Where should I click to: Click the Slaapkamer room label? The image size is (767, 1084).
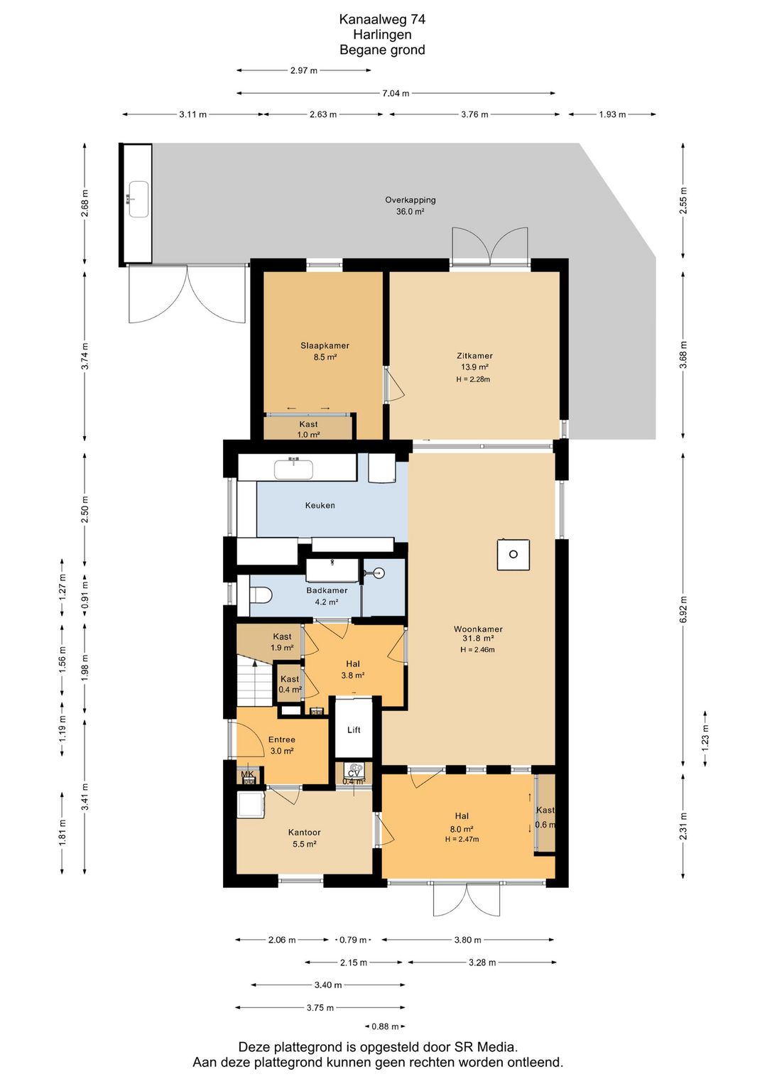pyautogui.click(x=325, y=345)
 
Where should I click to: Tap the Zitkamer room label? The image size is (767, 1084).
pyautogui.click(x=474, y=356)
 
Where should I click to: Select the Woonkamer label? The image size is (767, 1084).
pyautogui.click(x=478, y=629)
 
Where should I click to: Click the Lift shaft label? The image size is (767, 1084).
pyautogui.click(x=354, y=730)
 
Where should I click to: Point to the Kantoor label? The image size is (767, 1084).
pyautogui.click(x=305, y=833)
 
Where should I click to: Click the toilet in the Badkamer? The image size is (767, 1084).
pyautogui.click(x=261, y=595)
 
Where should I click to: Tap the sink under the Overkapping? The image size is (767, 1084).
pyautogui.click(x=138, y=199)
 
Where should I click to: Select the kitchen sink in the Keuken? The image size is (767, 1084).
pyautogui.click(x=294, y=470)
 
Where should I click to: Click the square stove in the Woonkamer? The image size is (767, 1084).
pyautogui.click(x=513, y=555)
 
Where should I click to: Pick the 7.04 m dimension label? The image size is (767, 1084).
pyautogui.click(x=396, y=93)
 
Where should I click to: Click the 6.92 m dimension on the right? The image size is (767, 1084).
pyautogui.click(x=683, y=610)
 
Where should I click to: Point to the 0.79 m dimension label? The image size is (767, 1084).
pyautogui.click(x=353, y=940)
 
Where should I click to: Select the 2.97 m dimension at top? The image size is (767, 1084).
pyautogui.click(x=304, y=70)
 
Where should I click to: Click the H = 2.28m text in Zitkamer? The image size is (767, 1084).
pyautogui.click(x=473, y=379)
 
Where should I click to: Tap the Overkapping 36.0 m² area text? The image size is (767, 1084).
pyautogui.click(x=410, y=206)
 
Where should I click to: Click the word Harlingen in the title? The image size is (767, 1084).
pyautogui.click(x=382, y=34)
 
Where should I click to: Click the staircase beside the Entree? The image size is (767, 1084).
pyautogui.click(x=255, y=680)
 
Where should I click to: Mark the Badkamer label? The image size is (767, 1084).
pyautogui.click(x=327, y=590)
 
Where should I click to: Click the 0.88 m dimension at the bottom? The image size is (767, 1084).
pyautogui.click(x=385, y=1026)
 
